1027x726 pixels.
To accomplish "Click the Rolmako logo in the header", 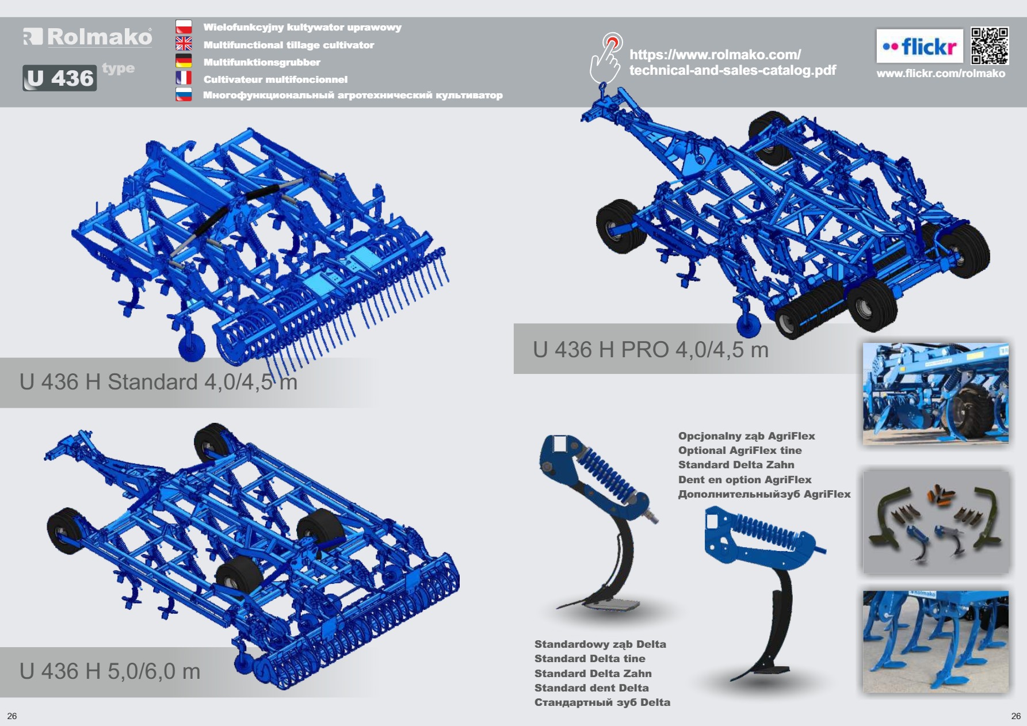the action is [x=87, y=37].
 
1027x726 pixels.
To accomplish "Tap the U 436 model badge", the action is [x=60, y=78].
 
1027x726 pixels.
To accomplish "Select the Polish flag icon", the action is [x=184, y=27].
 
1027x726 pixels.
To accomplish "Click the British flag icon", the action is [x=184, y=44].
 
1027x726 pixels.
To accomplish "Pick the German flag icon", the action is [x=184, y=60].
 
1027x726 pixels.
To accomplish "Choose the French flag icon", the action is [x=184, y=78].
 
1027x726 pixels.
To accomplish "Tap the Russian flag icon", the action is [x=184, y=94].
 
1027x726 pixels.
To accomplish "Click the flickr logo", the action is [x=919, y=46].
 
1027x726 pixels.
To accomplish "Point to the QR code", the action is [x=990, y=45].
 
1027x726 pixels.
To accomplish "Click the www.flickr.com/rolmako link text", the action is [x=941, y=74].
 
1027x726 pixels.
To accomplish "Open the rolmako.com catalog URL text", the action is [x=732, y=63].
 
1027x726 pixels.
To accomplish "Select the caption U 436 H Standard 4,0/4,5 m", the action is [x=158, y=382].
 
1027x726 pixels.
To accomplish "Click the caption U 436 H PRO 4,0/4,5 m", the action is [x=651, y=350].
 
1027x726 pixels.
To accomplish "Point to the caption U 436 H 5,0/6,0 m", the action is [x=110, y=671].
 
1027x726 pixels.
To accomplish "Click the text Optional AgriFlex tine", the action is [x=740, y=450].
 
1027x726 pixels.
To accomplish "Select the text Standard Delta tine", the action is [x=590, y=659].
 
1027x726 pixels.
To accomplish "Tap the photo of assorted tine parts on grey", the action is [x=936, y=521].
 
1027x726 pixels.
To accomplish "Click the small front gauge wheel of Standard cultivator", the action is [x=192, y=347].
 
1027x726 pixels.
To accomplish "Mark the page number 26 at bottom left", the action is [x=12, y=716].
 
